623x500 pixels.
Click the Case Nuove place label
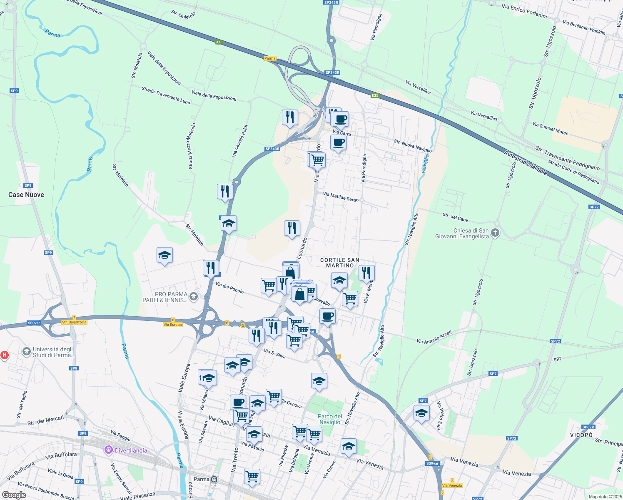pyautogui.click(x=26, y=195)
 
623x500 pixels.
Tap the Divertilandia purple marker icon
pyautogui.click(x=109, y=450)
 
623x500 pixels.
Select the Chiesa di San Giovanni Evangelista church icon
pyautogui.click(x=495, y=233)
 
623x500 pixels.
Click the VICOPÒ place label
pyautogui.click(x=581, y=435)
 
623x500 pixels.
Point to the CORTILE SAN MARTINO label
pyautogui.click(x=340, y=262)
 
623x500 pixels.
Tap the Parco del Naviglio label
pyautogui.click(x=330, y=419)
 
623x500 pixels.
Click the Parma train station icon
pyautogui.click(x=214, y=479)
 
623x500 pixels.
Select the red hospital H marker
pyautogui.click(x=5, y=355)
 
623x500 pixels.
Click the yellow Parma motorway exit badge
pyautogui.click(x=270, y=58)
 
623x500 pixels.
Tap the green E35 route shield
pyautogui.click(x=375, y=95)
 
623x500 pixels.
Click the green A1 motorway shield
pyautogui.click(x=219, y=42)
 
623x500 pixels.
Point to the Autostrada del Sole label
pyautogui.click(x=526, y=162)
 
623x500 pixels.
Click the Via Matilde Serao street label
pyautogui.click(x=341, y=197)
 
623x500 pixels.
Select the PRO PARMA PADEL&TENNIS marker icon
pyautogui.click(x=193, y=297)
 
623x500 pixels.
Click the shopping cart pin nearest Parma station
pyautogui.click(x=252, y=475)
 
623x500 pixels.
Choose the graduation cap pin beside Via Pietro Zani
pyautogui.click(x=421, y=413)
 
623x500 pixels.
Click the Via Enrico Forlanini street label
pyautogui.click(x=524, y=11)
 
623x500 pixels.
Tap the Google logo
pyautogui.click(x=14, y=495)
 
